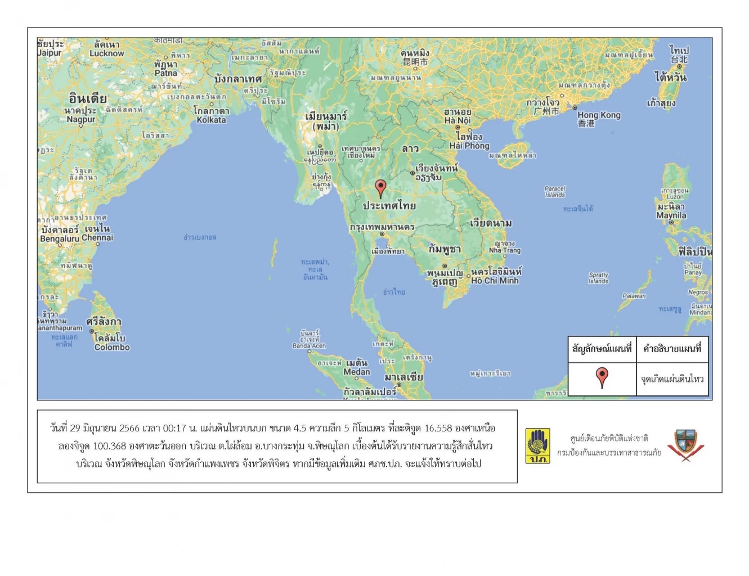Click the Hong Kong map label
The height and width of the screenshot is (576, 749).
pos(599,115)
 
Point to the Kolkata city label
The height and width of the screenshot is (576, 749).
pos(211,120)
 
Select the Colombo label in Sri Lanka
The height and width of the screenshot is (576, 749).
pos(112,347)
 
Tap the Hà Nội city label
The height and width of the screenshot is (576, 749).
pos(457,120)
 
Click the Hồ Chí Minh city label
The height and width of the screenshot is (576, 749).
pos(495,281)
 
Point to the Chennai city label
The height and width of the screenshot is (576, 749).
pos(97,237)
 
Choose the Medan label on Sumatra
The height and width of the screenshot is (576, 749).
pos(357,372)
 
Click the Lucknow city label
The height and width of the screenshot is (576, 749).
pos(106,53)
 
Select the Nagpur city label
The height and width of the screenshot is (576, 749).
pos(81,119)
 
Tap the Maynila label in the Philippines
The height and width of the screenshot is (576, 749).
pos(671,215)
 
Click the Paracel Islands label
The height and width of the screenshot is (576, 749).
pos(555,192)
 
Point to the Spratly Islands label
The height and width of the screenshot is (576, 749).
pos(598,278)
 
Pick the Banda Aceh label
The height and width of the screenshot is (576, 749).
pos(309,345)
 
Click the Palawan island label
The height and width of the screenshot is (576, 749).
pos(634,296)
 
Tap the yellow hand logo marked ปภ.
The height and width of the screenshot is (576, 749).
pos(537,445)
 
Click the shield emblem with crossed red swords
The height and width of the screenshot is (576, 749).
pos(685,445)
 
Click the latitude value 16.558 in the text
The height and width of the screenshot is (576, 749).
pos(438,429)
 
